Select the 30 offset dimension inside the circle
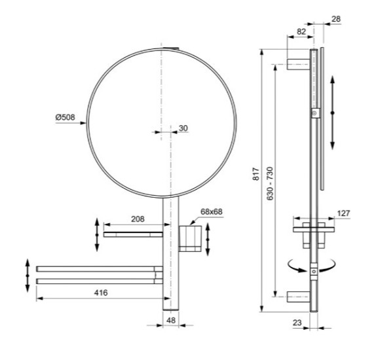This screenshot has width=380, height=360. (x=183, y=128)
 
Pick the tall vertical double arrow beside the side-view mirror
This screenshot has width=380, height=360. (x=333, y=113)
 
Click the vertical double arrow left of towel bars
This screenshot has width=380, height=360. (x=28, y=276)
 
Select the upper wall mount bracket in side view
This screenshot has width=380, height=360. (x=299, y=64)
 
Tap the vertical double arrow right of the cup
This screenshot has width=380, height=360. (x=208, y=240)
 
